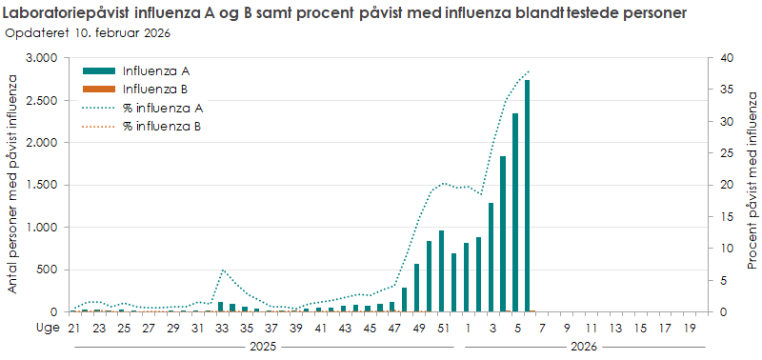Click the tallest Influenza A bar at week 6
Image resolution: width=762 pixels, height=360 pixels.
(x=527, y=195)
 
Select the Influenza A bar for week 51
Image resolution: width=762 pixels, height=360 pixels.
(x=441, y=271)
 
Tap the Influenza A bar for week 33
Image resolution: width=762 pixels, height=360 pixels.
(x=221, y=307)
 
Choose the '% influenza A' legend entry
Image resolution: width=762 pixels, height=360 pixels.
(x=162, y=108)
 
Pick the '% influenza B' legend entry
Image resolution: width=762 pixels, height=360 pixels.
(x=162, y=126)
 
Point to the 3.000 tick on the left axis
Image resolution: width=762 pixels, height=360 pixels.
(x=41, y=58)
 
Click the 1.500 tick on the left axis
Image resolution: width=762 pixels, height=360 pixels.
(x=41, y=185)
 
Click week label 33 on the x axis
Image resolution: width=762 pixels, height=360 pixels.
(x=221, y=329)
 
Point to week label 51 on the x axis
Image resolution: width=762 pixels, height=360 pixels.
(x=443, y=329)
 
